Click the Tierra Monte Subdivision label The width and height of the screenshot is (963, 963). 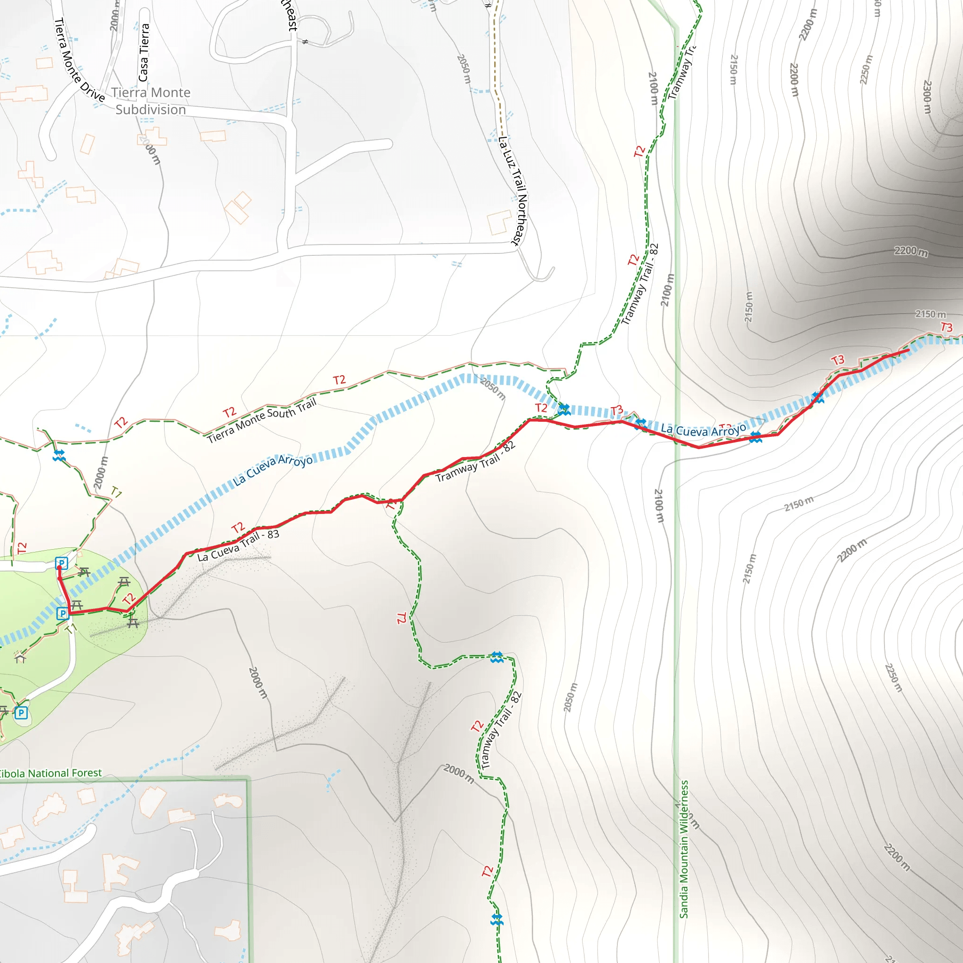click(x=150, y=101)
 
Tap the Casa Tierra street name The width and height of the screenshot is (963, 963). click(x=143, y=52)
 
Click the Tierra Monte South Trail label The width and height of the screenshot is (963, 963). click(x=262, y=421)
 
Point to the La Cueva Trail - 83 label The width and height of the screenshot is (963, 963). click(x=238, y=545)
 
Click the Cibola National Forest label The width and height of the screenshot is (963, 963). click(x=50, y=773)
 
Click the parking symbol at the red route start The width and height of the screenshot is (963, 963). click(x=61, y=563)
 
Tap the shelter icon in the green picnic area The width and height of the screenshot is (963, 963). click(x=20, y=658)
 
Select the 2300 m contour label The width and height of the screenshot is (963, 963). click(x=927, y=97)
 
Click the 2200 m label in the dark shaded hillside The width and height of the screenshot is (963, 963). click(x=911, y=251)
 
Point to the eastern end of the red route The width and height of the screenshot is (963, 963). click(x=908, y=350)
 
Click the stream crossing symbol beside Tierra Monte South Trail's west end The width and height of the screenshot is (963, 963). click(x=59, y=455)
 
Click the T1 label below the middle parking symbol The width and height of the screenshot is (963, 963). click(x=71, y=629)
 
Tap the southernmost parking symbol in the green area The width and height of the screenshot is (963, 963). click(x=21, y=713)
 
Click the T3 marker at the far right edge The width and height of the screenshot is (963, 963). click(x=947, y=327)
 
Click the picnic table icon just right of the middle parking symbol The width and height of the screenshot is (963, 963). click(x=77, y=606)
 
